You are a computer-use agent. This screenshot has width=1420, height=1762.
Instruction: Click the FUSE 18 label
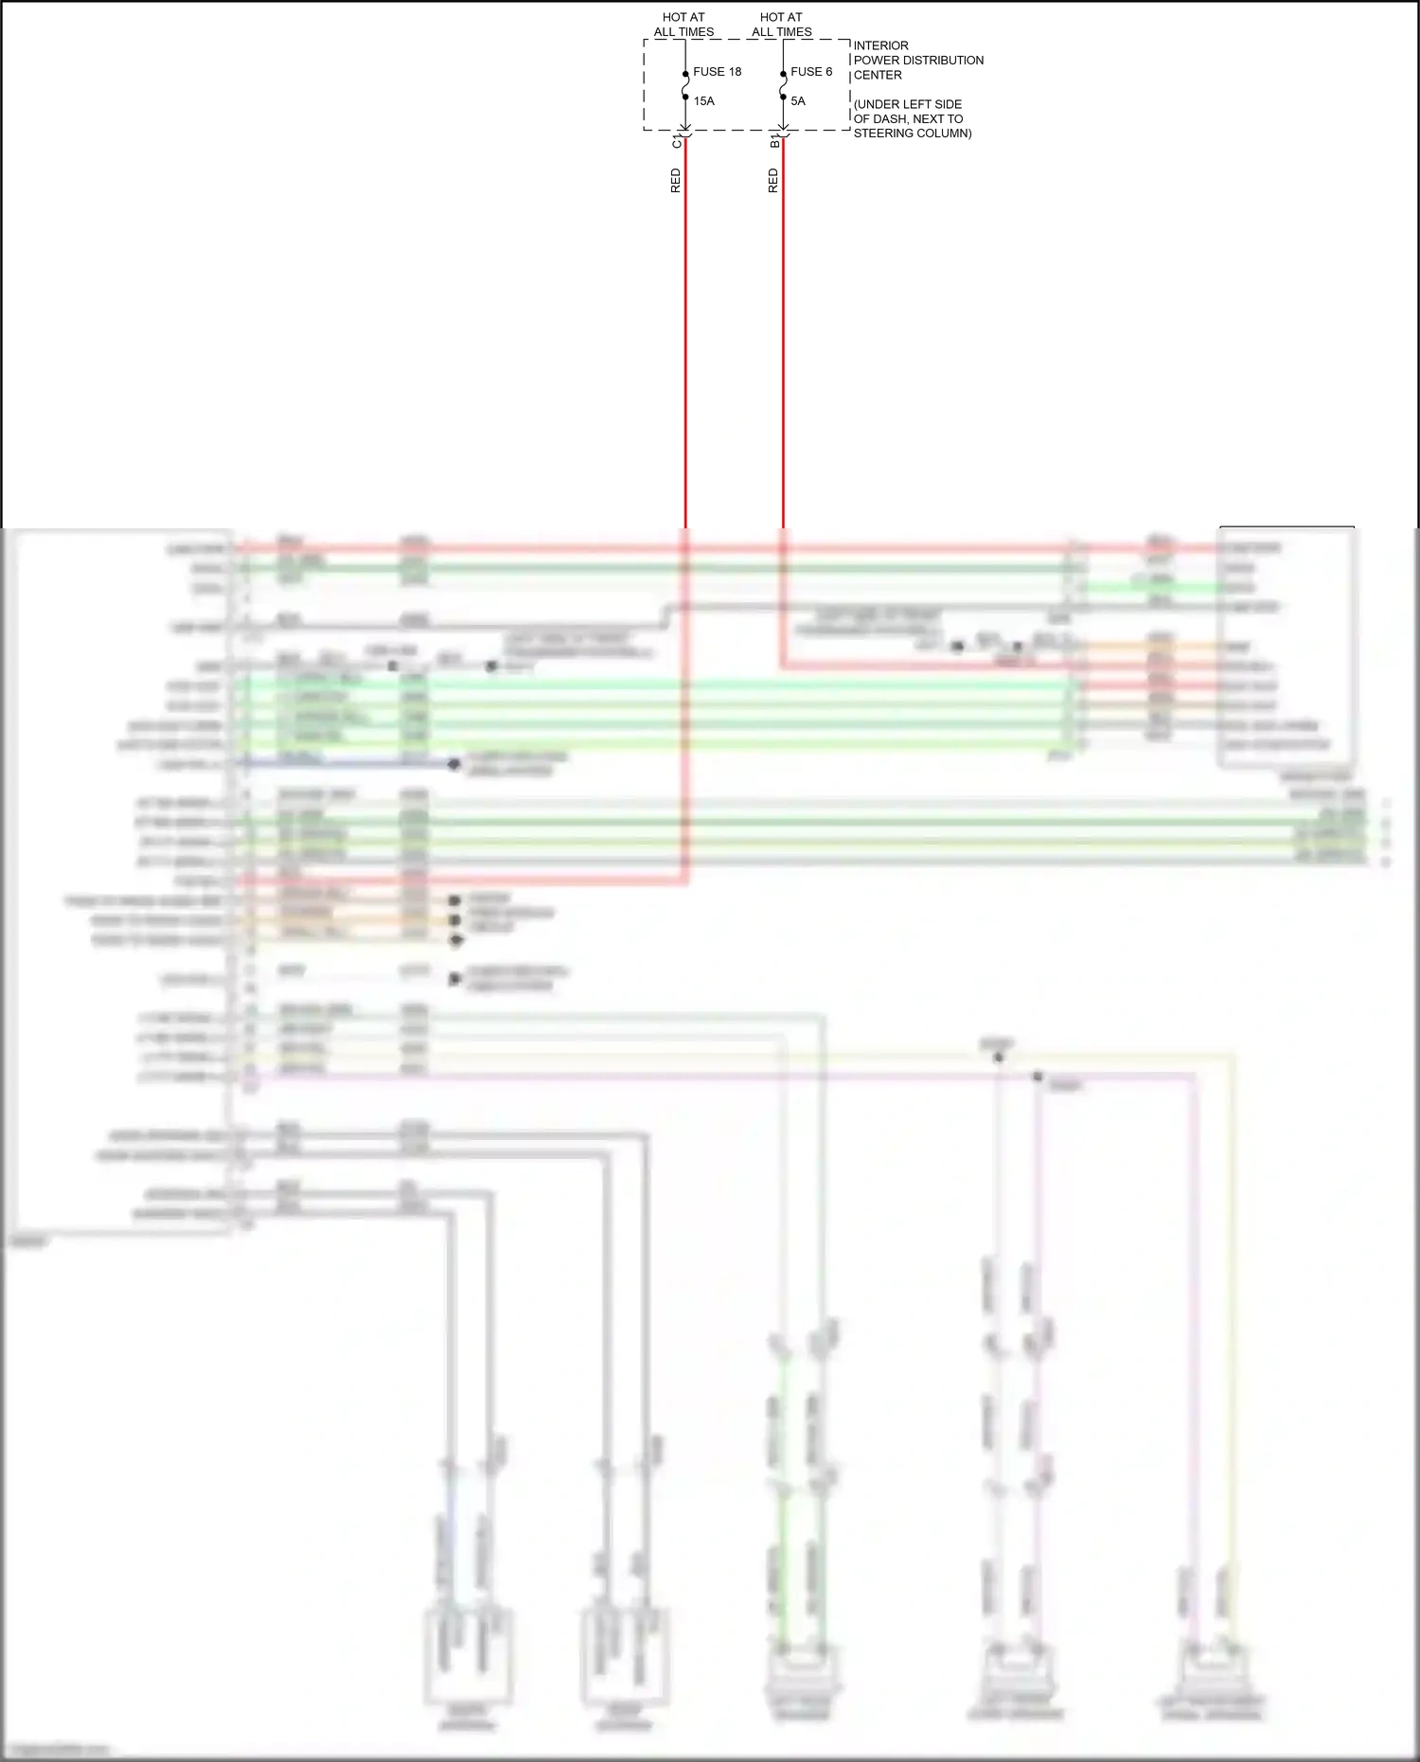(x=717, y=72)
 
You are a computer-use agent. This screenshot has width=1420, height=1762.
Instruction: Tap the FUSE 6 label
(x=811, y=72)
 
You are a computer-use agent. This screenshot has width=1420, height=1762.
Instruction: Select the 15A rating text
(x=703, y=101)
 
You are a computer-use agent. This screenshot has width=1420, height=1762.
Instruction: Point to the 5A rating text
(x=798, y=101)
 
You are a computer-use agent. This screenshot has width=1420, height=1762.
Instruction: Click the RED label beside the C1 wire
(x=675, y=181)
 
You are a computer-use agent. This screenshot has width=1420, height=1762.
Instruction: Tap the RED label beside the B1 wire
(x=772, y=181)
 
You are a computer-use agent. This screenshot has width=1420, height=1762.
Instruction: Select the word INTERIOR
(x=880, y=45)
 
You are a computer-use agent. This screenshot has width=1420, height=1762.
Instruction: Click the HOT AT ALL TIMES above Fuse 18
(x=683, y=25)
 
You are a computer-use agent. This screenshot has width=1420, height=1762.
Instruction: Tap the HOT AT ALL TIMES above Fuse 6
(x=781, y=25)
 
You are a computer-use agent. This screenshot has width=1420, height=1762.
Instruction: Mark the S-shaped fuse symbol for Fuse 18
(x=685, y=85)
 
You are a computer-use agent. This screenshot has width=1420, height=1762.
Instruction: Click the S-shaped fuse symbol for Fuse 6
(x=783, y=85)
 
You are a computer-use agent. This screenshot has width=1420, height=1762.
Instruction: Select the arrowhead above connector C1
(x=685, y=132)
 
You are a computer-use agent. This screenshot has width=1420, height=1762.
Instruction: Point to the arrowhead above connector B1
(x=783, y=132)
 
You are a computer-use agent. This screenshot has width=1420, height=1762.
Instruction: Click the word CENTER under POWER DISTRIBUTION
(x=878, y=76)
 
